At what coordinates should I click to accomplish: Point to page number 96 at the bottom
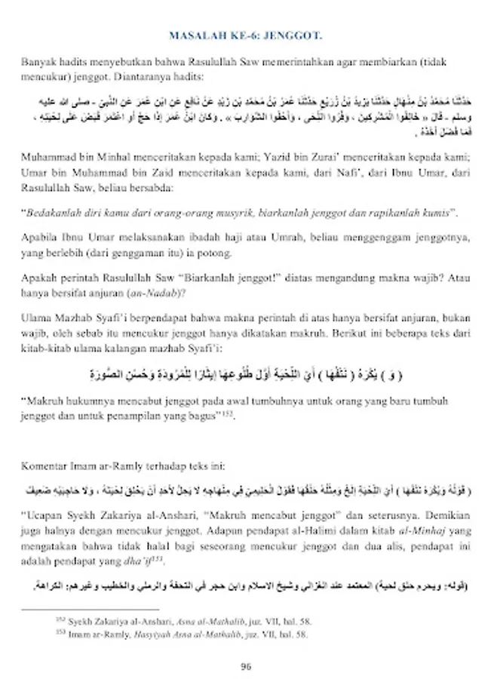coord(246,665)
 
